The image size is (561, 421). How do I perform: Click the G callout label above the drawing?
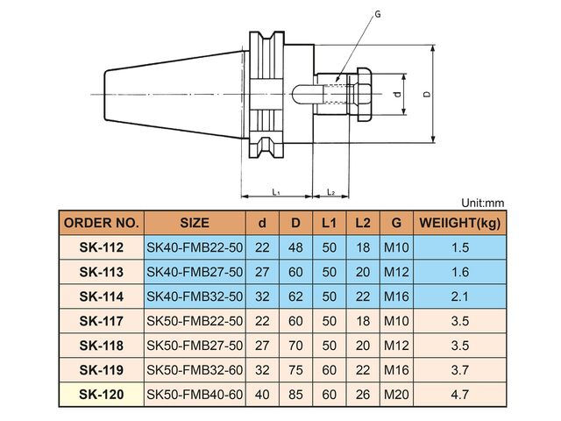pyautogui.click(x=378, y=14)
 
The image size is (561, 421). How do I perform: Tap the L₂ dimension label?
pyautogui.click(x=331, y=192)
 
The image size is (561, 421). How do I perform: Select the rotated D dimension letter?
pyautogui.click(x=427, y=94)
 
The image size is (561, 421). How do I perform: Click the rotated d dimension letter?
pyautogui.click(x=397, y=95)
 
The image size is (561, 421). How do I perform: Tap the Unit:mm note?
pyautogui.click(x=483, y=203)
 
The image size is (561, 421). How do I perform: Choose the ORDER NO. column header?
pyautogui.click(x=102, y=223)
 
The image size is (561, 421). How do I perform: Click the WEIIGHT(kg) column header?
pyautogui.click(x=459, y=223)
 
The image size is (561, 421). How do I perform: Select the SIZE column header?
pyautogui.click(x=195, y=223)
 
